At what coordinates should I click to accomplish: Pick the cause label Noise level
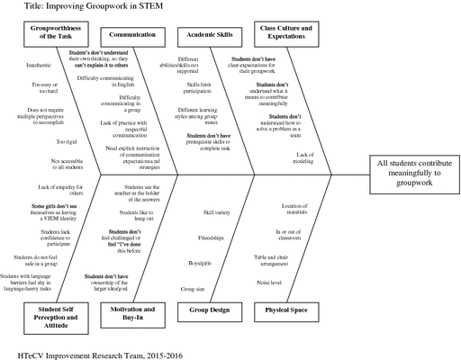coord(269,283)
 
